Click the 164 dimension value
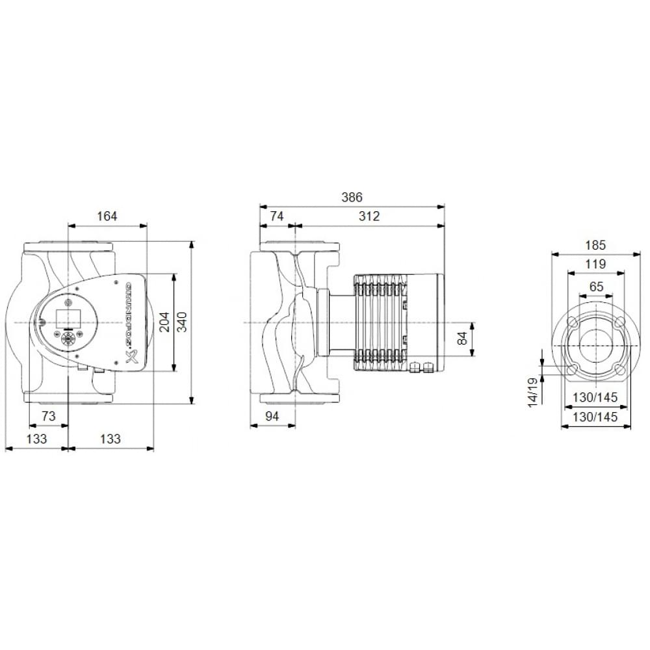[107, 216]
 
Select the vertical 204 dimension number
[165, 322]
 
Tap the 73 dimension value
[49, 416]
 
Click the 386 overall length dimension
[352, 197]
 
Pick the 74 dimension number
[277, 216]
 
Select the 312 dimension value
[369, 216]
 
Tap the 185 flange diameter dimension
[595, 245]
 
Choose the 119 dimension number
[595, 264]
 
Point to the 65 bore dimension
[595, 286]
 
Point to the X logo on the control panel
[129, 355]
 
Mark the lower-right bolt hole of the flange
[619, 369]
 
